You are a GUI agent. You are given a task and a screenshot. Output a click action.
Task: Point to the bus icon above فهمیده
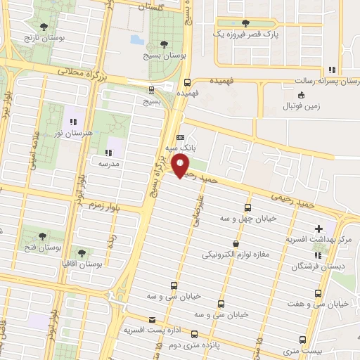tap(186, 82)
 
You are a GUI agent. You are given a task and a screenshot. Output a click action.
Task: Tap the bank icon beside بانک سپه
tap(181, 137)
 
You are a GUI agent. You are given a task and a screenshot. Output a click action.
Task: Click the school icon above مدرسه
tap(108, 152)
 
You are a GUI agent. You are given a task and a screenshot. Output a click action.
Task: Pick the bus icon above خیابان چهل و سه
tap(247, 207)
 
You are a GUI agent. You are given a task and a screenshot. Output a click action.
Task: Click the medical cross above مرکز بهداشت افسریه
tap(320, 228)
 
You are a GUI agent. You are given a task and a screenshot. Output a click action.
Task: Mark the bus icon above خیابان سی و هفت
tap(319, 293)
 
